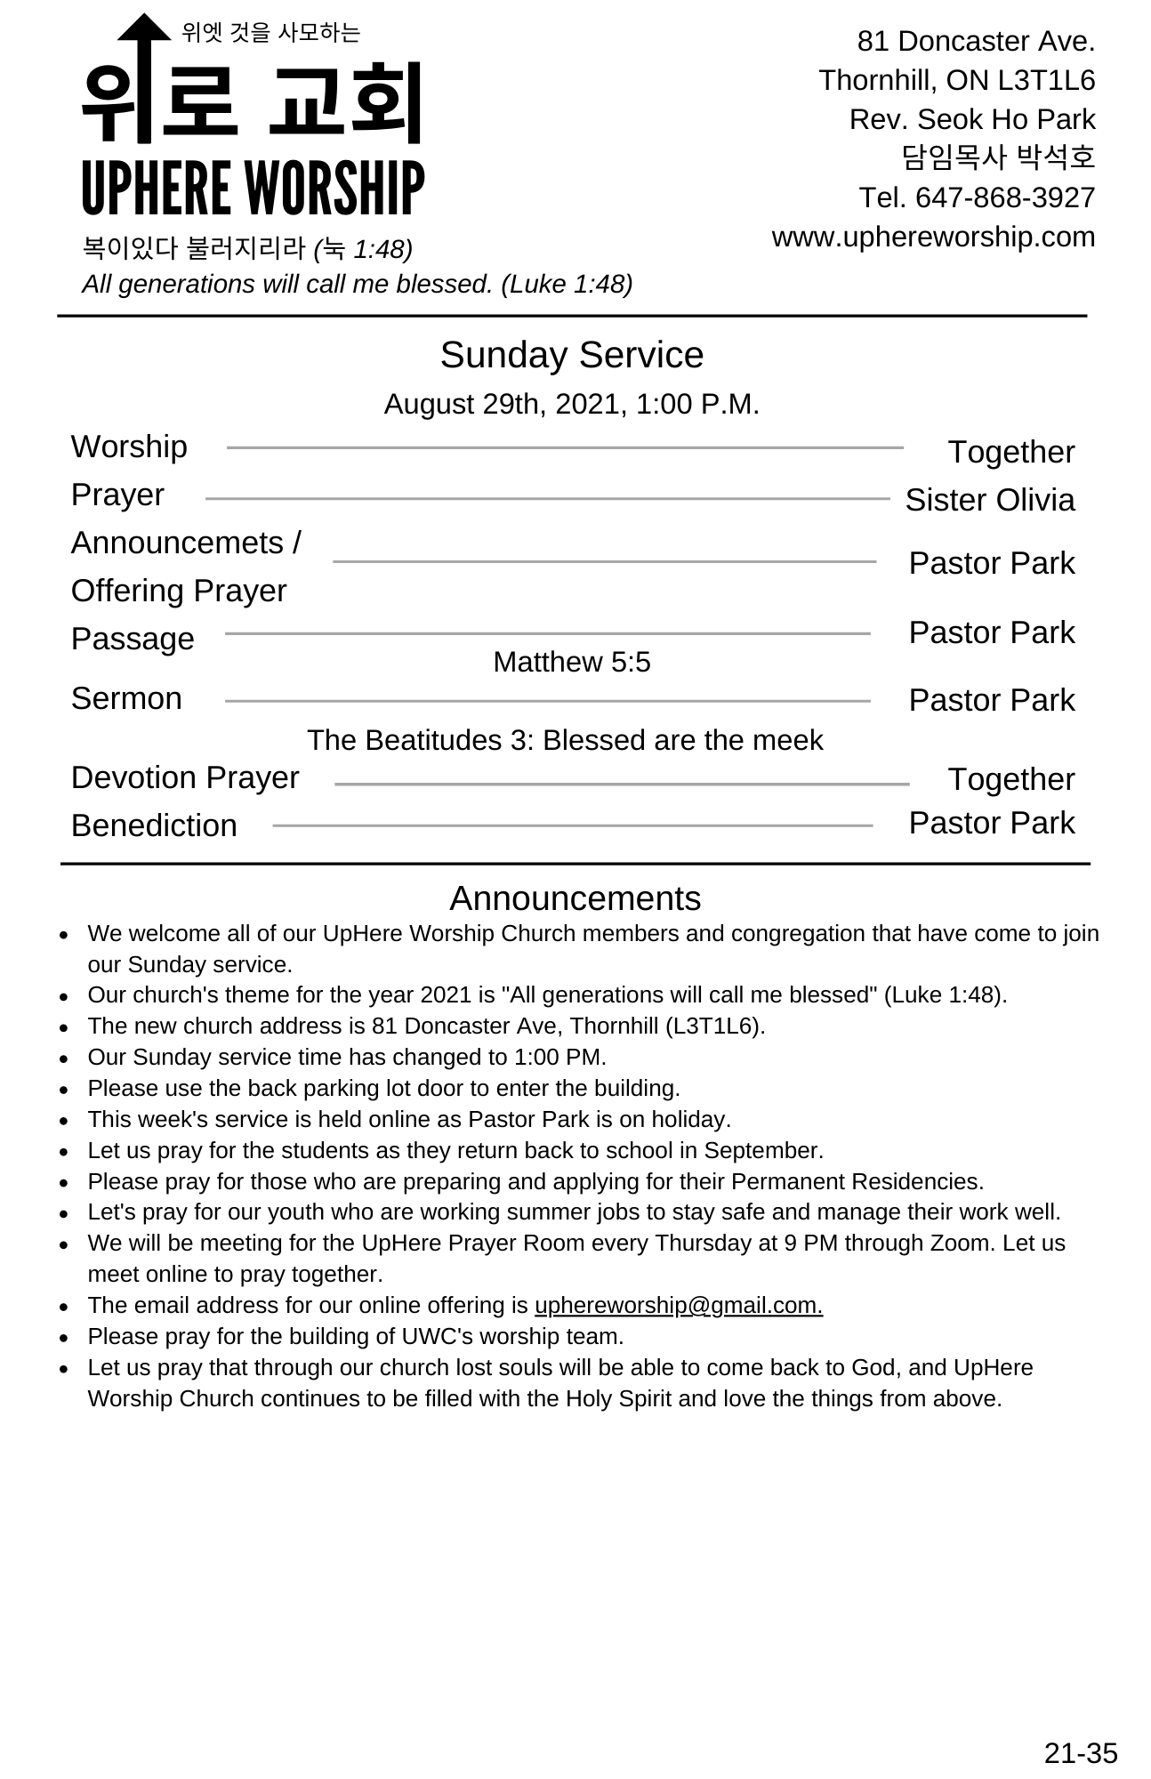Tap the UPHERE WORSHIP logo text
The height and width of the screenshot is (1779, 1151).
pyautogui.click(x=254, y=189)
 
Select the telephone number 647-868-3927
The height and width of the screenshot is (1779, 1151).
pyautogui.click(x=1005, y=197)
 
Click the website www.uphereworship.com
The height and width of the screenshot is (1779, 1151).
pyautogui.click(x=933, y=237)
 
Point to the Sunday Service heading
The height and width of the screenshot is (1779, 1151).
pyautogui.click(x=571, y=355)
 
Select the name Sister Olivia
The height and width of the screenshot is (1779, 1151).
pyautogui.click(x=989, y=500)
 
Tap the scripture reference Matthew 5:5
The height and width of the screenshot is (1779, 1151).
pyautogui.click(x=571, y=662)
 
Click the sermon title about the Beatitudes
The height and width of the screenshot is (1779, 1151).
pyautogui.click(x=565, y=740)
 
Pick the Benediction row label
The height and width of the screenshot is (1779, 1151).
pyautogui.click(x=154, y=825)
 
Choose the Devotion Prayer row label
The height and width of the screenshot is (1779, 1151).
pyautogui.click(x=185, y=777)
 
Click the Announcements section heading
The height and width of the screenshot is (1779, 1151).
pyautogui.click(x=575, y=898)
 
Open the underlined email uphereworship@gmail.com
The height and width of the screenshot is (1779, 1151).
pyautogui.click(x=678, y=1305)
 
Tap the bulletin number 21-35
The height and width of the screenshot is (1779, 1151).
pyautogui.click(x=1080, y=1752)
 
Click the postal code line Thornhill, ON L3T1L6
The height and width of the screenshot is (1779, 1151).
pyautogui.click(x=956, y=80)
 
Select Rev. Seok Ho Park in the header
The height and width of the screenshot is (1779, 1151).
pyautogui.click(x=971, y=119)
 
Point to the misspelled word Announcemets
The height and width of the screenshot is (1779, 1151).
pyautogui.click(x=177, y=543)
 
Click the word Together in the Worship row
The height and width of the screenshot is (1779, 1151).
pyautogui.click(x=1010, y=452)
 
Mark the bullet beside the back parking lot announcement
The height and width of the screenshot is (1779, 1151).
pyautogui.click(x=64, y=1089)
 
